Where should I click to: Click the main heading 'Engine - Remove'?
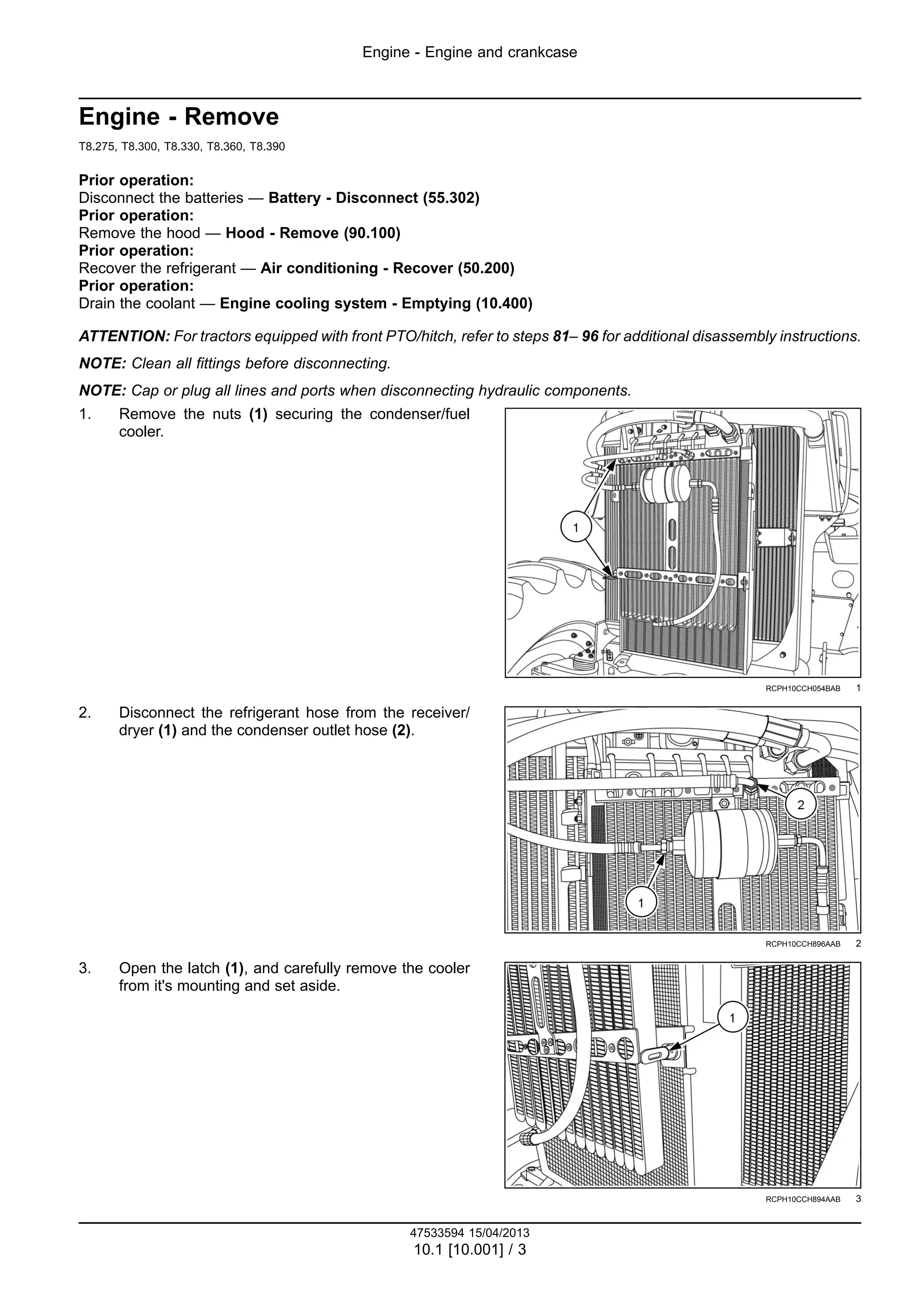[178, 117]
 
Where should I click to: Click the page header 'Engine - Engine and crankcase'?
[470, 52]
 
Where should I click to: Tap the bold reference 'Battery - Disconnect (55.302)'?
[374, 198]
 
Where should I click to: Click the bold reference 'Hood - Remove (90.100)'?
[313, 233]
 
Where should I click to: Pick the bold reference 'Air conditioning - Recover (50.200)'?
[387, 268]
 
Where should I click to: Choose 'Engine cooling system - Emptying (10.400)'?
[376, 303]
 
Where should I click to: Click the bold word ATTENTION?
[124, 337]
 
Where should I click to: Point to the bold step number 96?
[590, 337]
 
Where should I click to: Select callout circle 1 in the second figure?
[641, 903]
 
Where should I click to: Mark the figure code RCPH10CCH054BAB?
[803, 689]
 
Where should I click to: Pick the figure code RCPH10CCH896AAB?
[803, 944]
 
